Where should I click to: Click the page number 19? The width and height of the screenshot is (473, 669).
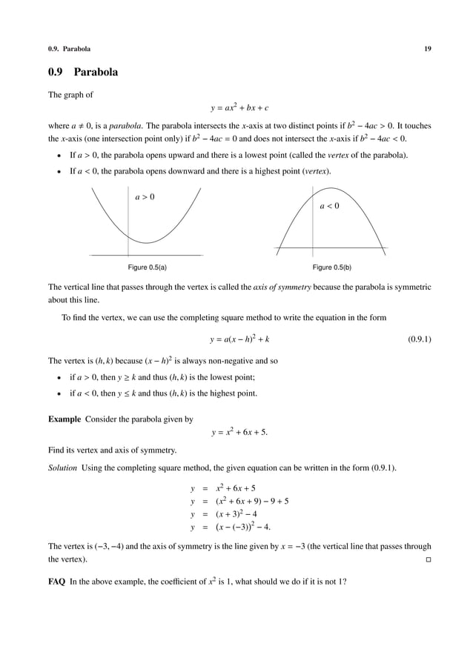(427, 49)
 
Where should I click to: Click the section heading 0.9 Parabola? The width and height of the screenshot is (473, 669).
(83, 73)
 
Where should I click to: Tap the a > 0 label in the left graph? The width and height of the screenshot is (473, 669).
(145, 198)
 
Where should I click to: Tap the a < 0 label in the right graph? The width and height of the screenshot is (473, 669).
(329, 206)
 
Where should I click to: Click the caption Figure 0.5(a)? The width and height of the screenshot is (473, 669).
(145, 267)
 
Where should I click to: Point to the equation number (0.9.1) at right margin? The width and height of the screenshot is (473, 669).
(420, 340)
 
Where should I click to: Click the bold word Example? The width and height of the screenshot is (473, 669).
(64, 419)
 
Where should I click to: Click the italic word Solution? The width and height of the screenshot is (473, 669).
(62, 467)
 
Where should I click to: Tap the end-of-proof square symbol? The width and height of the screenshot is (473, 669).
(428, 559)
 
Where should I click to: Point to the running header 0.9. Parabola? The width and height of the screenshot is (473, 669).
(70, 49)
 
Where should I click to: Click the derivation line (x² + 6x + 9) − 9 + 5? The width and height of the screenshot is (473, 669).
(252, 501)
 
